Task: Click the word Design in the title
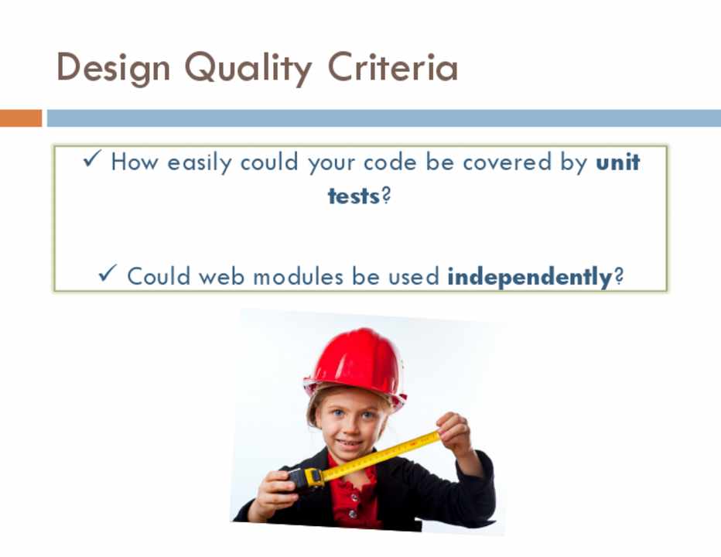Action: [113, 68]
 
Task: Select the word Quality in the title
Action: [248, 68]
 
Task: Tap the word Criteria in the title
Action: [393, 67]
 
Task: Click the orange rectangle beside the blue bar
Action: [21, 118]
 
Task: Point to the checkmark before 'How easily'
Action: [92, 159]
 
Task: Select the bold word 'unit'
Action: [617, 162]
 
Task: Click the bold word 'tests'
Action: [354, 196]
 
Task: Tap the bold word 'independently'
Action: [529, 277]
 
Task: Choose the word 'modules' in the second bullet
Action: [298, 276]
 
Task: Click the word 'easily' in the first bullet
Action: [199, 162]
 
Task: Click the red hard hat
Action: [355, 363]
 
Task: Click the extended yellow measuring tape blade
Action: [381, 456]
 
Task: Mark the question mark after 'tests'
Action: [386, 196]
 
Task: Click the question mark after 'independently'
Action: [618, 275]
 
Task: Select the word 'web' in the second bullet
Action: [221, 276]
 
